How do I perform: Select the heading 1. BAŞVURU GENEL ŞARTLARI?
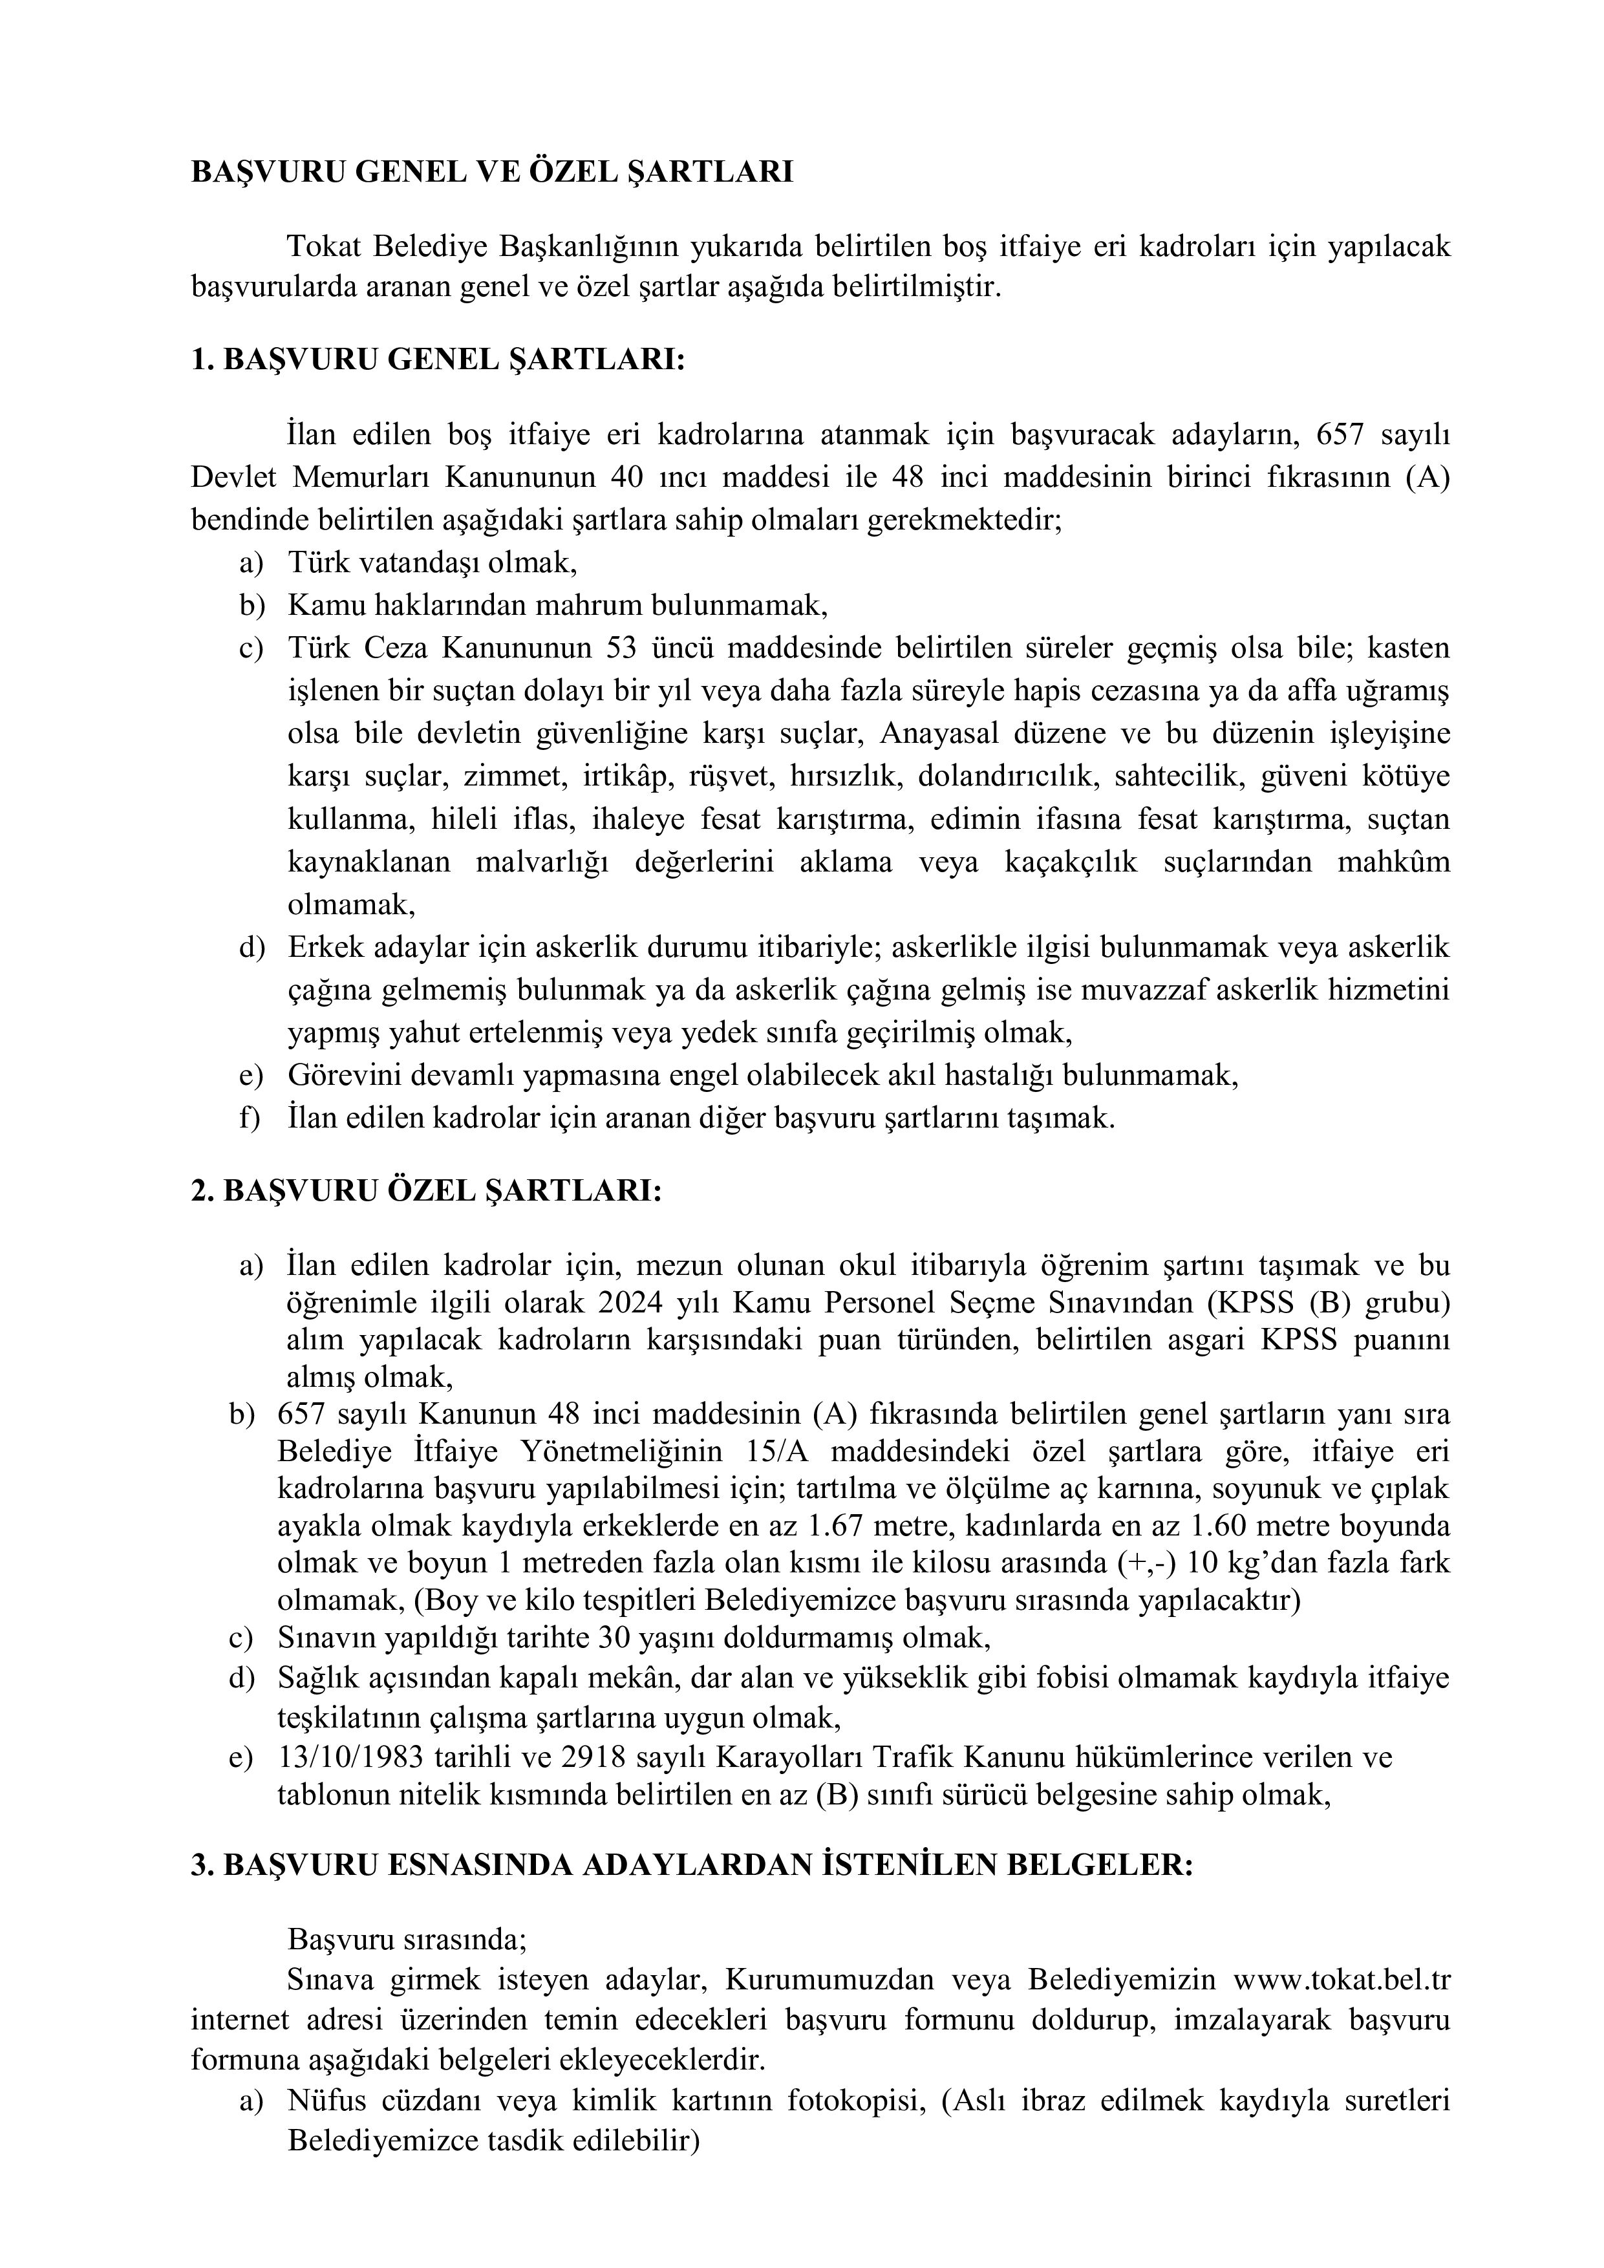pyautogui.click(x=438, y=359)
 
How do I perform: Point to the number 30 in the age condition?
pyautogui.click(x=612, y=1638)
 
